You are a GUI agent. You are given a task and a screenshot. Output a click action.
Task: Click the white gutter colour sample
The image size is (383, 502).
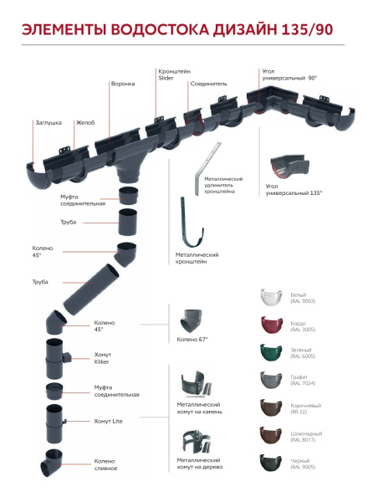(x=271, y=298)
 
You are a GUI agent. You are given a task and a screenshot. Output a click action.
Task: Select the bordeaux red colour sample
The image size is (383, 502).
(x=271, y=325)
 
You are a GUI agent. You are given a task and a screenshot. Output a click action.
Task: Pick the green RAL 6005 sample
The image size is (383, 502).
(x=271, y=352)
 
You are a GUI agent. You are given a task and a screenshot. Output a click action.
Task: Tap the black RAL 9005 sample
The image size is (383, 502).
(x=271, y=463)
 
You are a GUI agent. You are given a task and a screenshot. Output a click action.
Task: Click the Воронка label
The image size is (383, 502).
(x=123, y=84)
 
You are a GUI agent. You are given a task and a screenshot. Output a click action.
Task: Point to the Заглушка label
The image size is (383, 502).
(x=49, y=123)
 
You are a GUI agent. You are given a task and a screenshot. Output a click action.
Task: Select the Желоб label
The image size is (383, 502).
(x=85, y=123)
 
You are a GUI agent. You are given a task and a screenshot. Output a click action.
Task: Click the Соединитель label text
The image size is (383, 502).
(x=208, y=84)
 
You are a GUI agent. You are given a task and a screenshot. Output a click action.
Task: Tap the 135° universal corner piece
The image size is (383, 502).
(x=290, y=166)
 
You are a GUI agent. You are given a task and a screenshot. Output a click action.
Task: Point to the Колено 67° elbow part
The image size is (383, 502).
(x=191, y=321)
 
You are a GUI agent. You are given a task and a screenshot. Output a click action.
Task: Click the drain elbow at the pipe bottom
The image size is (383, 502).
(x=51, y=464)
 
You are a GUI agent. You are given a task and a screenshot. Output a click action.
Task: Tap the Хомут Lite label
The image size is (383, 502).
(x=108, y=422)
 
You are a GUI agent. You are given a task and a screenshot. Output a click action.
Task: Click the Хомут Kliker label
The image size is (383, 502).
(x=103, y=358)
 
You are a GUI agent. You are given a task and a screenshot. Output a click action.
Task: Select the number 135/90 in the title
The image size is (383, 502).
(x=308, y=29)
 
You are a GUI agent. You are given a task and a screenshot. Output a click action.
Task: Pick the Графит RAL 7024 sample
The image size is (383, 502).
(x=271, y=381)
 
